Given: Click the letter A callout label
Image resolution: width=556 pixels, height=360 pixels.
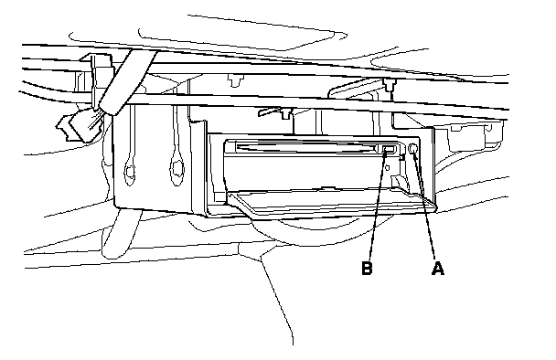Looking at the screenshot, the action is coord(438,269).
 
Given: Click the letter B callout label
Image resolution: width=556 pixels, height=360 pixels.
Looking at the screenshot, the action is coord(367,269).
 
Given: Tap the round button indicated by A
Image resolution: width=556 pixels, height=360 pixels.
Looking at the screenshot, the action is coord(413,148).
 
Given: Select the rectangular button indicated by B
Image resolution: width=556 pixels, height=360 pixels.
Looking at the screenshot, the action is coord(389,150).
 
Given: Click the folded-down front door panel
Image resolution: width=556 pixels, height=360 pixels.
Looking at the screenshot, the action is coord(332,203).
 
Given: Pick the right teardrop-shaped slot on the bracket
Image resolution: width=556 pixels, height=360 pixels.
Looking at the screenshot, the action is coord(176,167).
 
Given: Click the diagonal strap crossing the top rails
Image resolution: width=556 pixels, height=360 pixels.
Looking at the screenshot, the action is coord(128,82).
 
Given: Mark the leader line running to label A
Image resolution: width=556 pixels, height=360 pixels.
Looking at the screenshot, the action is coord(425,205).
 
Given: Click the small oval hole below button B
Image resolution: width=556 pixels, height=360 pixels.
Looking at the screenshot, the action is coord(388,166).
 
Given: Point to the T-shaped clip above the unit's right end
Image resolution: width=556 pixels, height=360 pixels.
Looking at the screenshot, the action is coord(390,85).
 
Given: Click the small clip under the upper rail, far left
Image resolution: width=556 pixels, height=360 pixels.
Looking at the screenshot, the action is coord(235,80).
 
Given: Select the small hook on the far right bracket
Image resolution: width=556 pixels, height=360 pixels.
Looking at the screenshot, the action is coord(488,128).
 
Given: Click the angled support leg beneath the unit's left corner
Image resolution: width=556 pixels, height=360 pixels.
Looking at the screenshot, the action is coord(117,233).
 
